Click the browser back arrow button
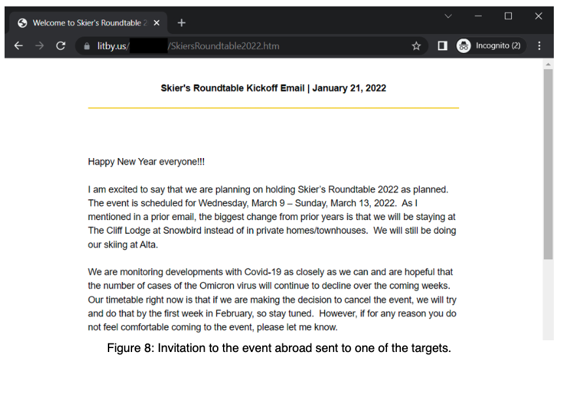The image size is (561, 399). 18,46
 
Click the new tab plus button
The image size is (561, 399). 181,23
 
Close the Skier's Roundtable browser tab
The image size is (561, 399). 157,23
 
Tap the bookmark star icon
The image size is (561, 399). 416,46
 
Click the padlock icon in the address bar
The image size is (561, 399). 86,46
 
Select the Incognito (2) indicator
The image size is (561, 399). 490,46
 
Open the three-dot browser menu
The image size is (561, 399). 539,46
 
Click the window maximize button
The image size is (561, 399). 508,16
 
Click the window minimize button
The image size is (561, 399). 478,16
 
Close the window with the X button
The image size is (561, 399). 538,16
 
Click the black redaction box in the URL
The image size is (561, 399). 148,46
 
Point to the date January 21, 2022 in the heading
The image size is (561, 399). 349,88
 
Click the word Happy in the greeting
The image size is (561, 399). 101,162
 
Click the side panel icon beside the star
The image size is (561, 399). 443,46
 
